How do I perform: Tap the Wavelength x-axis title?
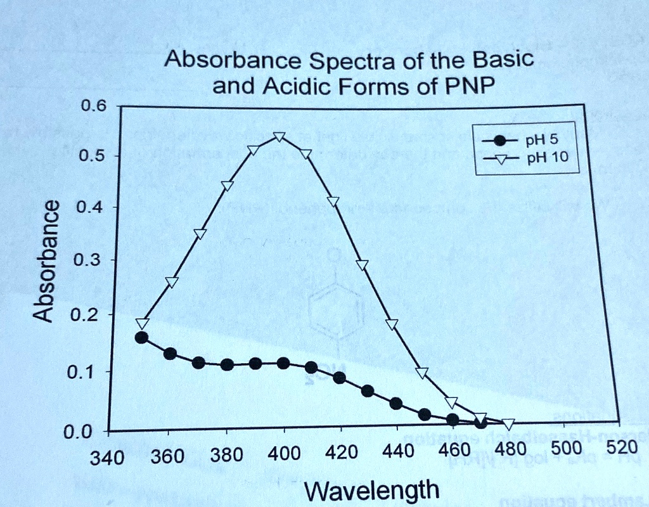(x=371, y=490)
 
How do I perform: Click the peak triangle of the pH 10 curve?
(x=280, y=138)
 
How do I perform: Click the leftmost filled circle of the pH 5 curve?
(x=141, y=338)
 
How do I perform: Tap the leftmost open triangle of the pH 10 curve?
(x=142, y=324)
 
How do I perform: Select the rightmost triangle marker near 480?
(x=508, y=424)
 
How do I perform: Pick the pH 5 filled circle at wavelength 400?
(x=283, y=363)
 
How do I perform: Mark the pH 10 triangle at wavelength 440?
(x=392, y=324)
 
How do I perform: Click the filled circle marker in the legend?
(x=501, y=141)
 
